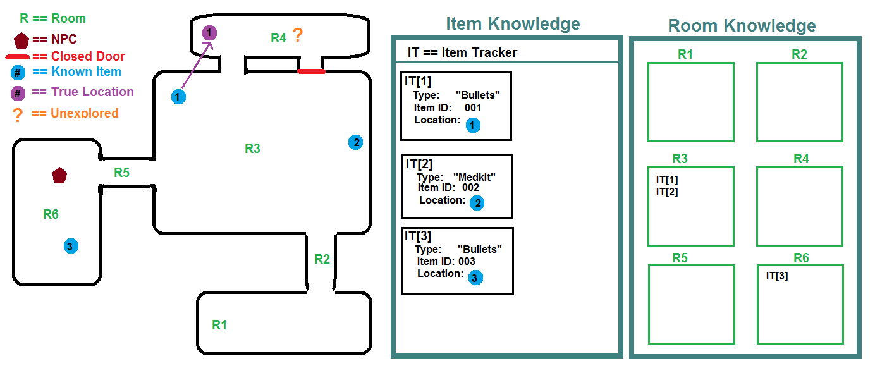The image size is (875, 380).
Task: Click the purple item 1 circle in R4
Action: [210, 32]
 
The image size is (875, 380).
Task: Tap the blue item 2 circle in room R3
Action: [356, 142]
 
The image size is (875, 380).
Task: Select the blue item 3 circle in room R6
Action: [71, 246]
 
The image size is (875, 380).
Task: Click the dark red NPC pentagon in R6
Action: [59, 175]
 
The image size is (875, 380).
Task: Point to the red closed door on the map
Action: [311, 71]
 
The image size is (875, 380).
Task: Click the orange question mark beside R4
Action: [297, 36]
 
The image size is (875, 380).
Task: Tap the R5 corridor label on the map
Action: [121, 172]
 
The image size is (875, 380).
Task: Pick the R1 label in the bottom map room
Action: [219, 325]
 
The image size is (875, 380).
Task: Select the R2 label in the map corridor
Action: [322, 259]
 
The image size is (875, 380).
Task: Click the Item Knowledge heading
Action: [513, 24]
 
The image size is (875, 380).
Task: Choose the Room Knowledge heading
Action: [742, 26]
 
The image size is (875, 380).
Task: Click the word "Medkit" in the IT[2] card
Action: [474, 177]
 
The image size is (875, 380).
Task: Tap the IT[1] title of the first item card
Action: [419, 81]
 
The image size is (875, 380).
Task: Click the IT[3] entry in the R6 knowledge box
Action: [776, 276]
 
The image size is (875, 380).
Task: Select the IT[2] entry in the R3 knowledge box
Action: [666, 192]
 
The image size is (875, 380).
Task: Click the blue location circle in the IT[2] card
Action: [477, 203]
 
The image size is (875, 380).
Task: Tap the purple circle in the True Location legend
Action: [18, 93]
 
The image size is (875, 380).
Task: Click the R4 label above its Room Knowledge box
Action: [800, 159]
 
